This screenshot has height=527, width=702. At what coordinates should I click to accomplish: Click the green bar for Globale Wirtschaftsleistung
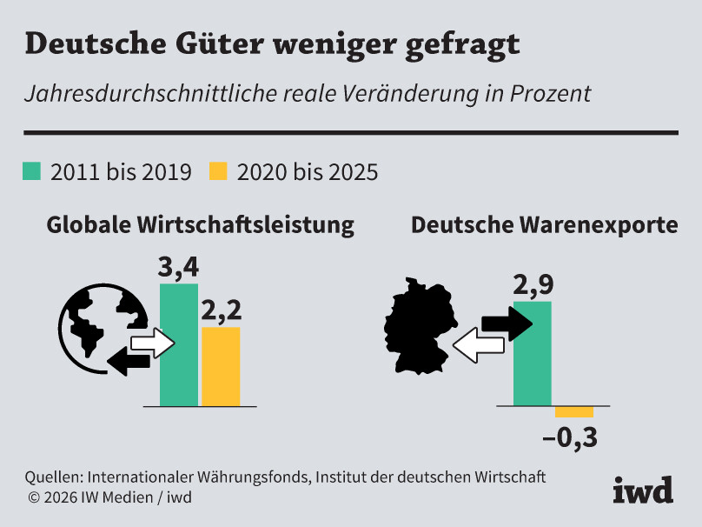pos(179,345)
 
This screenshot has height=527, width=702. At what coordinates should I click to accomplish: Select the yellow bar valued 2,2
pos(221,366)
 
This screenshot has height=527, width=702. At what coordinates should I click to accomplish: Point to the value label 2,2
pos(221,310)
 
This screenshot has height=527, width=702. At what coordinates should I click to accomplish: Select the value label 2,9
pos(533,284)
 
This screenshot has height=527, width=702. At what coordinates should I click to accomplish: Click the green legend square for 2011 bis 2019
pos(31,170)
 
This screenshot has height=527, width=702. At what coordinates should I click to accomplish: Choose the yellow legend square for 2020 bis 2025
pos(218,170)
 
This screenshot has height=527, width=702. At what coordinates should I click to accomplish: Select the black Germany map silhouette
pos(418,327)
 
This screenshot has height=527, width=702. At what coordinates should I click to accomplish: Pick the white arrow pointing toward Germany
pos(477,346)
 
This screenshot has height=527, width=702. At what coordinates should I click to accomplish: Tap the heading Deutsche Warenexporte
pos(544,225)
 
